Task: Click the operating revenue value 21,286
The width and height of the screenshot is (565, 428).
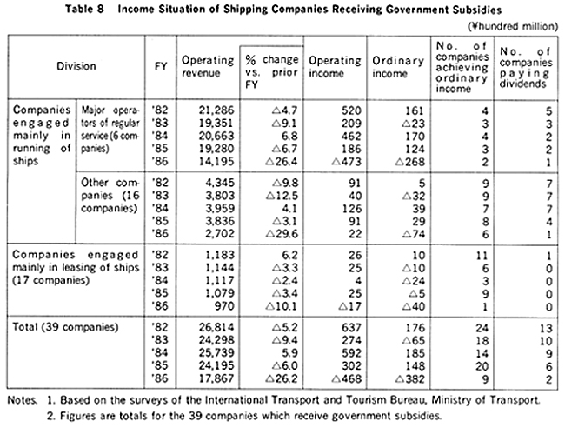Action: coord(216,110)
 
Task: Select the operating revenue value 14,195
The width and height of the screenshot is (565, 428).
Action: coord(216,162)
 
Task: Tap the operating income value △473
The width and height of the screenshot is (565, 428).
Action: coord(346,162)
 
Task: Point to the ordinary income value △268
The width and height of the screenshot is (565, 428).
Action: coord(409,162)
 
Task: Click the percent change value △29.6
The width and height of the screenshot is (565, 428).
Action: coord(282,234)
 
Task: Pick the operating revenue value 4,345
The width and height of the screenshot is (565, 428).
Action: coord(219,183)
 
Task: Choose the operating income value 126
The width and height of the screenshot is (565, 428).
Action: coord(351,209)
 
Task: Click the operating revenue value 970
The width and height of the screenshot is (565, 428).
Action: coord(224,306)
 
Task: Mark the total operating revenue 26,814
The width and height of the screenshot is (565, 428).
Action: coord(216,327)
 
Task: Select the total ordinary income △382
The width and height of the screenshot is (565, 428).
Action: coord(409,379)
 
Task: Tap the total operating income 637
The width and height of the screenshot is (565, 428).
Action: coord(351,327)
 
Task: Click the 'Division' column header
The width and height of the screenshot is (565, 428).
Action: coord(76,66)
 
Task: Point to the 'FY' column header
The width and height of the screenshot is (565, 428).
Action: coord(161,67)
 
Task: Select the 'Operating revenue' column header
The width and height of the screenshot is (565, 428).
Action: coord(208,66)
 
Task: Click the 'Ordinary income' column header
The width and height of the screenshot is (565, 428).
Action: coord(398,67)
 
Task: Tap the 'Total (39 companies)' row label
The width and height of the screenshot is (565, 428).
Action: coord(65,327)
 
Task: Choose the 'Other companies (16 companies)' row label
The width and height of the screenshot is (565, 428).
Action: coord(110,196)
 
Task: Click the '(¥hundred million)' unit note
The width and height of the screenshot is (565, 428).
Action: coord(512,26)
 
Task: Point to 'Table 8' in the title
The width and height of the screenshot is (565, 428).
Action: coord(84,9)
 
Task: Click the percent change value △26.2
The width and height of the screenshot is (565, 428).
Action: coord(282,379)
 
